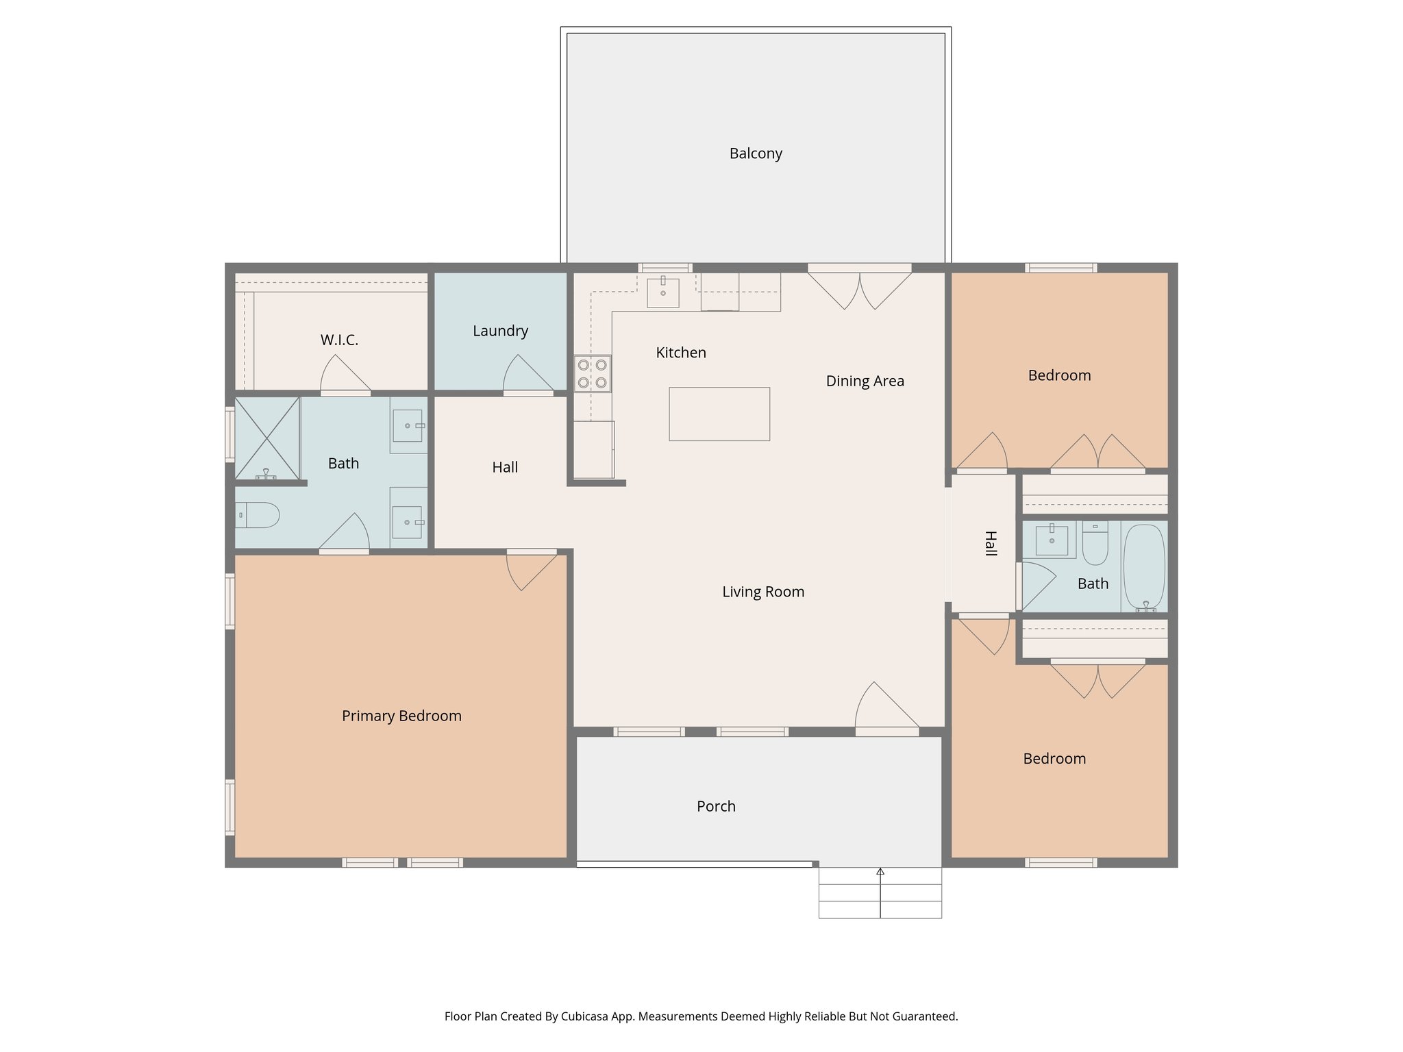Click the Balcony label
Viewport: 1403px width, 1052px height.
pos(756,153)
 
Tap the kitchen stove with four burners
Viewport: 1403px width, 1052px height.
pos(593,374)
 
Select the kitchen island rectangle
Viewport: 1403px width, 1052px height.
pos(719,414)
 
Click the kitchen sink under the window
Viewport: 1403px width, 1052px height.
pos(663,292)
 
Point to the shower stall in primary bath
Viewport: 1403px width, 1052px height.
pos(267,438)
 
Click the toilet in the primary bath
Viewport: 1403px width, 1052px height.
pos(258,515)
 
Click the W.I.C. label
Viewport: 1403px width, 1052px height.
pos(339,340)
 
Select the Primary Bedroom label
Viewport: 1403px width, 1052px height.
pos(401,716)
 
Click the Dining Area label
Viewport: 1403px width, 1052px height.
pos(865,381)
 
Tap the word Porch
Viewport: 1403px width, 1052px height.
pos(716,806)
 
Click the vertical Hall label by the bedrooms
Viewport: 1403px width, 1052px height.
pos(990,543)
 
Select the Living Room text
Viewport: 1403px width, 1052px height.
pos(763,592)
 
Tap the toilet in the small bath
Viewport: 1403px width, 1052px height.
pos(1095,544)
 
